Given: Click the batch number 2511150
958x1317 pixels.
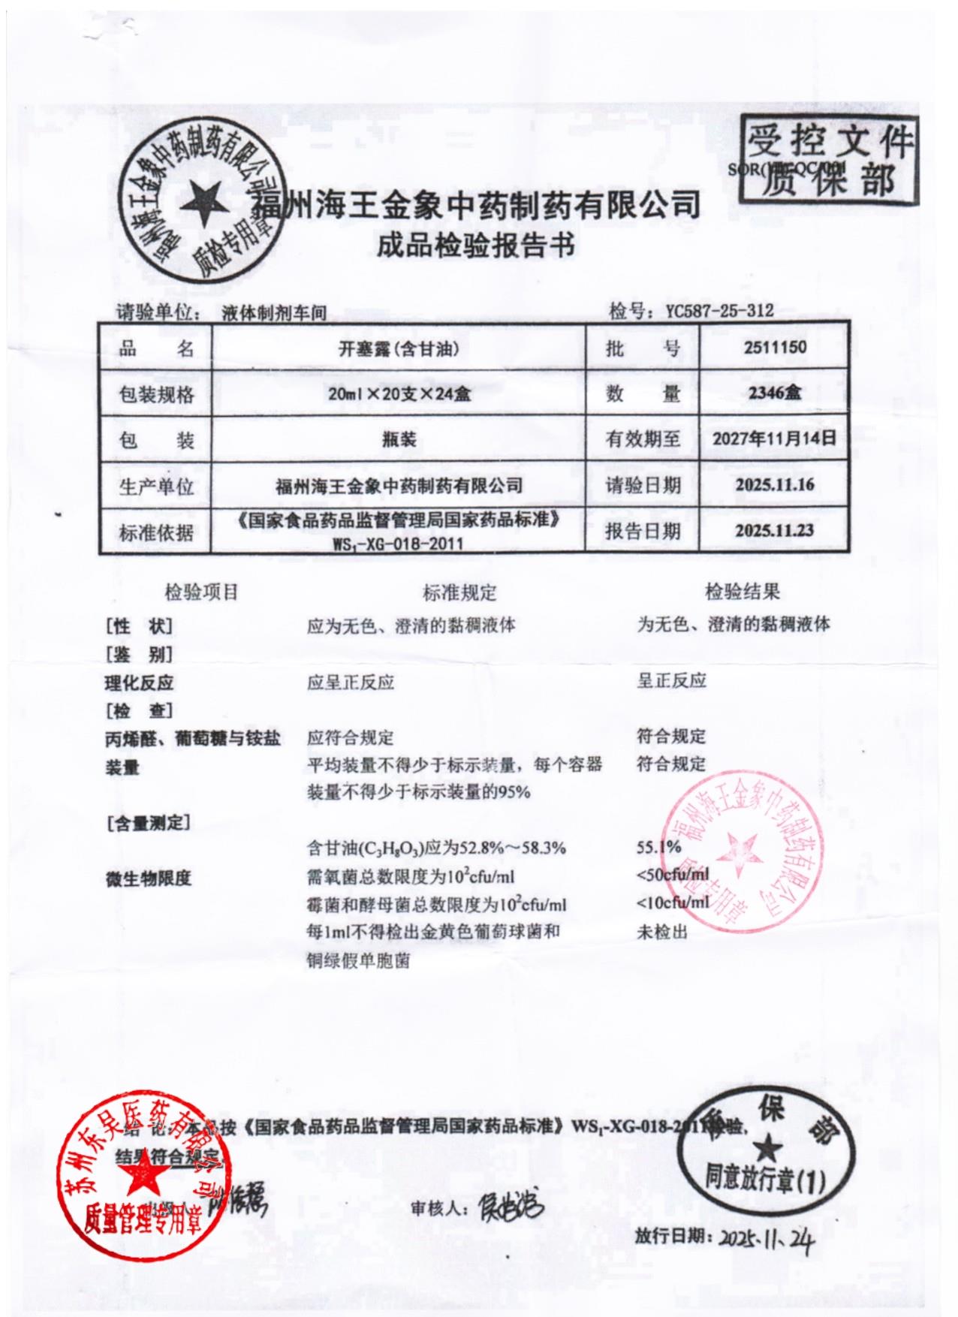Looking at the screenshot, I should click(775, 348).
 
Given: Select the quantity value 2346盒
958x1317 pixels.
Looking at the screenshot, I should click(775, 393).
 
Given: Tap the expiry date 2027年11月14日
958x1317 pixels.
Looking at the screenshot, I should click(774, 438).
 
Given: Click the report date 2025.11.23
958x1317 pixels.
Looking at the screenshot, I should click(774, 530).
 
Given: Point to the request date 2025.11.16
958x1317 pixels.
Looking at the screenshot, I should click(774, 484).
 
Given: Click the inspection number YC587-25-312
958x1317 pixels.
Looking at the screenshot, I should click(719, 311).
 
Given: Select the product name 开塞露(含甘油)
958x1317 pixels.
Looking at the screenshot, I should click(399, 348).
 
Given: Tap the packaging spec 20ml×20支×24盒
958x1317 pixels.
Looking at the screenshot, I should click(399, 393).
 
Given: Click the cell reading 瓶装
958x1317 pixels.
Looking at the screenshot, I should click(399, 439).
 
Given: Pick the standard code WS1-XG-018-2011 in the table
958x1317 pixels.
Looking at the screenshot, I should click(398, 544).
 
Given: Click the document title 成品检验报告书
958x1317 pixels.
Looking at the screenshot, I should click(475, 246).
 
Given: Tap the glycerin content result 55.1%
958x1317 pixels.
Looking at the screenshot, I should click(658, 848).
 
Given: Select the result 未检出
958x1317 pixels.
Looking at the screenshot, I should click(661, 932).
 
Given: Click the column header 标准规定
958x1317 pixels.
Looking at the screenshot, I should click(459, 593).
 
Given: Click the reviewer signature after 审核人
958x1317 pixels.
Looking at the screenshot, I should click(511, 1207).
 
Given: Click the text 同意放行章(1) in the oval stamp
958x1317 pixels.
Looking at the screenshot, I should click(764, 1179).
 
